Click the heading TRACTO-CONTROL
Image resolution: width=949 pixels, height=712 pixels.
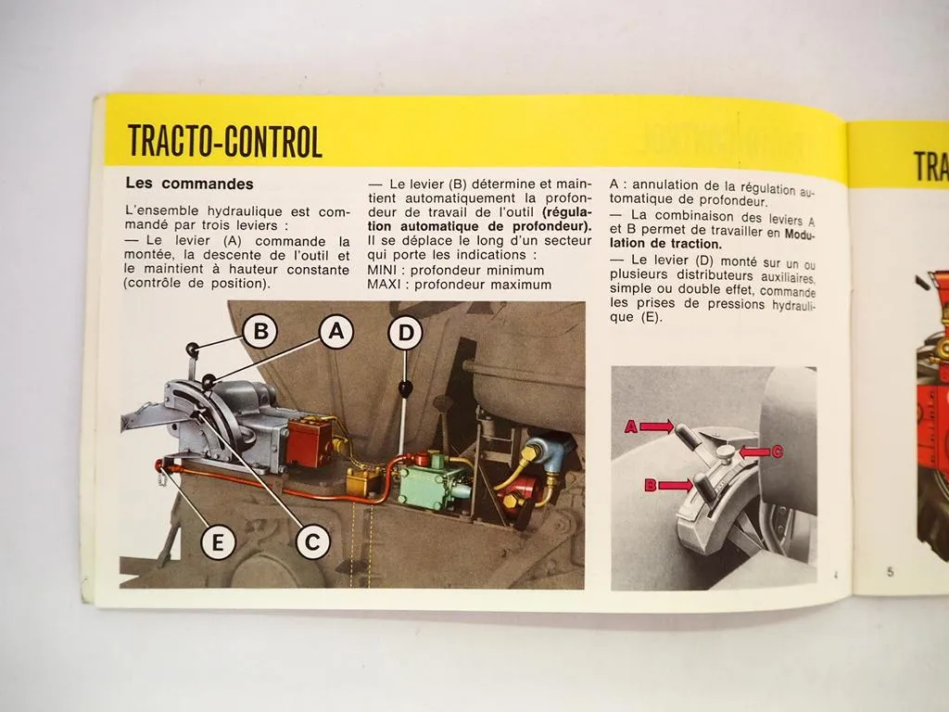tap(224, 142)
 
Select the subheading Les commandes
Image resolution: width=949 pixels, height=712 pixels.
tap(189, 184)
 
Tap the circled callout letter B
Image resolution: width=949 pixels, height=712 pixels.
tap(260, 331)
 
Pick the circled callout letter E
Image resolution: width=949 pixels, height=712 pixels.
tap(218, 542)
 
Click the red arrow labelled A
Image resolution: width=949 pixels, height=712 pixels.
tap(654, 426)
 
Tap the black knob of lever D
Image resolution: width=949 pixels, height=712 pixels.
tap(404, 390)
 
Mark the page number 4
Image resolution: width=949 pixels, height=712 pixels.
tap(835, 575)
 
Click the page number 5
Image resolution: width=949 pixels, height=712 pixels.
tap(889, 572)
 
